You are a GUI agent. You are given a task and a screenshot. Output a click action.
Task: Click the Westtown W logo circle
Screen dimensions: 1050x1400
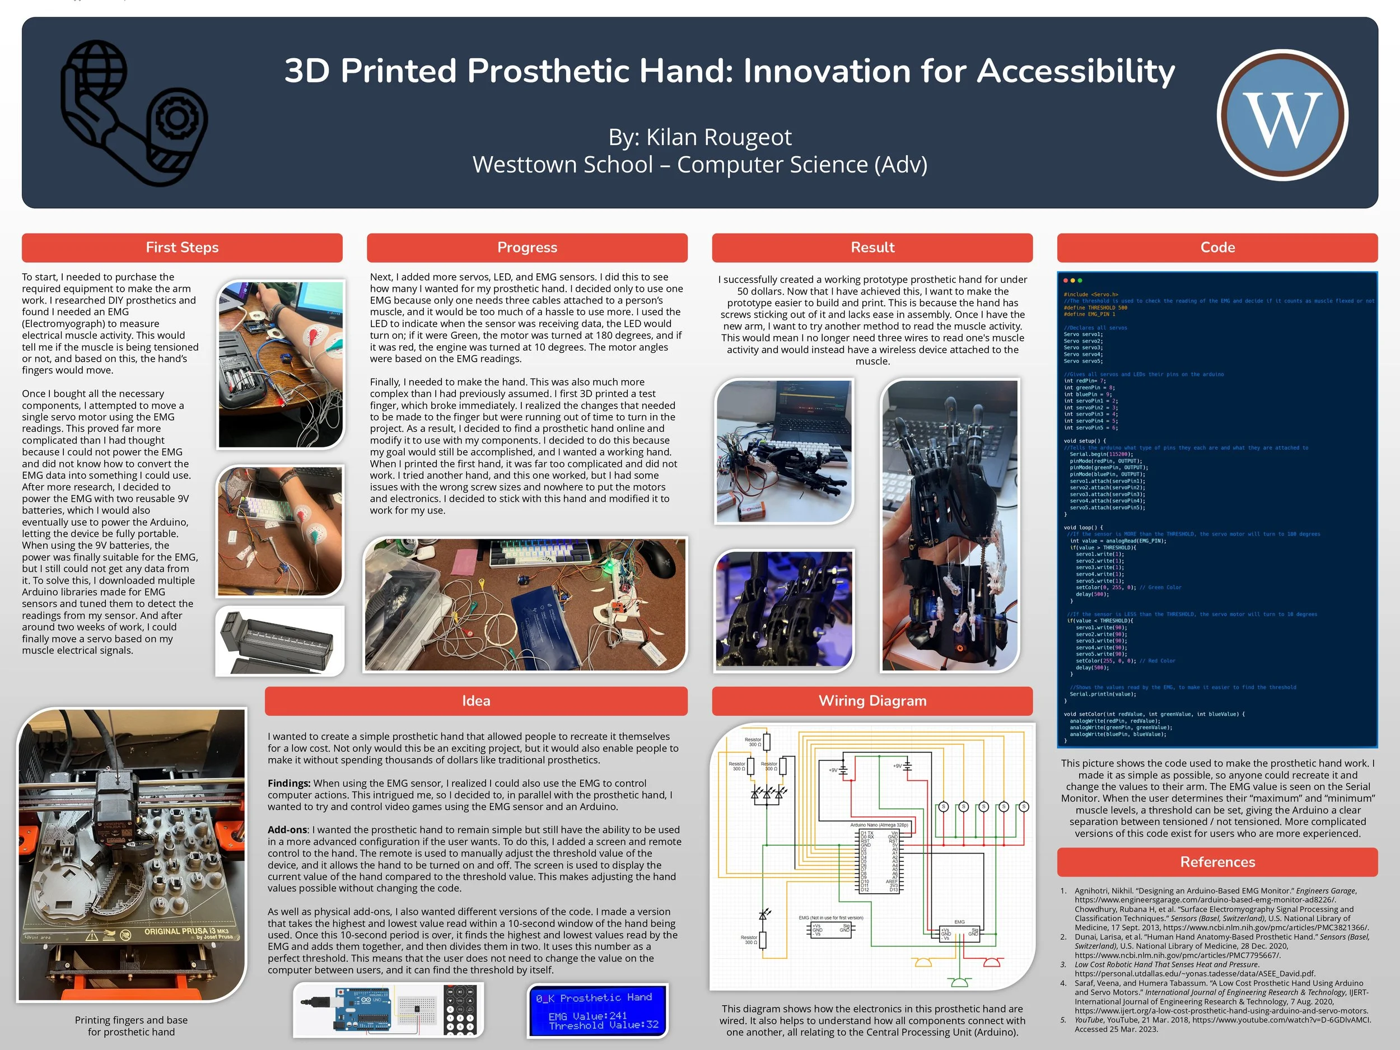coord(1282,116)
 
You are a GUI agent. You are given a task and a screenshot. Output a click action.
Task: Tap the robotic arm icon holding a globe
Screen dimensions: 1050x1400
coord(133,114)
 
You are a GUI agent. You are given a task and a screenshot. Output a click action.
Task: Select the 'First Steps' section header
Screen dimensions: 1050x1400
coord(181,248)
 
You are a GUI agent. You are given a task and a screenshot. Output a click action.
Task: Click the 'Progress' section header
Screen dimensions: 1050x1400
coord(526,248)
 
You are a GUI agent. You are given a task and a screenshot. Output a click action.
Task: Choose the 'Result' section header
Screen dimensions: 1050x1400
coord(872,248)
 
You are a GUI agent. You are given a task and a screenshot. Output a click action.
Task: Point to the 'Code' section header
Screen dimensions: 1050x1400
coord(1217,248)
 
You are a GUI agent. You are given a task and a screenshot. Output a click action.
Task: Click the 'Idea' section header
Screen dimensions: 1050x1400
coord(476,701)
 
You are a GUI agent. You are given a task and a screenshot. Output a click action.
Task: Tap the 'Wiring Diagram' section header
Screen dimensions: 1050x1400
coord(872,701)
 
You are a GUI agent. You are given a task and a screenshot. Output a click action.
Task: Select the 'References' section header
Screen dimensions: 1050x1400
coord(1217,862)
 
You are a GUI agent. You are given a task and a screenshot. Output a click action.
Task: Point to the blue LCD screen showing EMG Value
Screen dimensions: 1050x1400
coord(598,1011)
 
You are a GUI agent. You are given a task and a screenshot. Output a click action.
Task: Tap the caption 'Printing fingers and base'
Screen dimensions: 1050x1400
coord(131,1020)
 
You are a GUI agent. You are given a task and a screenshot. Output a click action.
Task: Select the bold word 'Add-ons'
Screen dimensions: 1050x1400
coord(287,830)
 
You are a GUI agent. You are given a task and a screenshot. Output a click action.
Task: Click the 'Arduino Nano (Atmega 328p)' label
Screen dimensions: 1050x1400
coord(879,825)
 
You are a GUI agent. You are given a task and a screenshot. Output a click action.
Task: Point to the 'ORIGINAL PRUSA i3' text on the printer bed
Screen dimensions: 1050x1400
coord(186,932)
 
